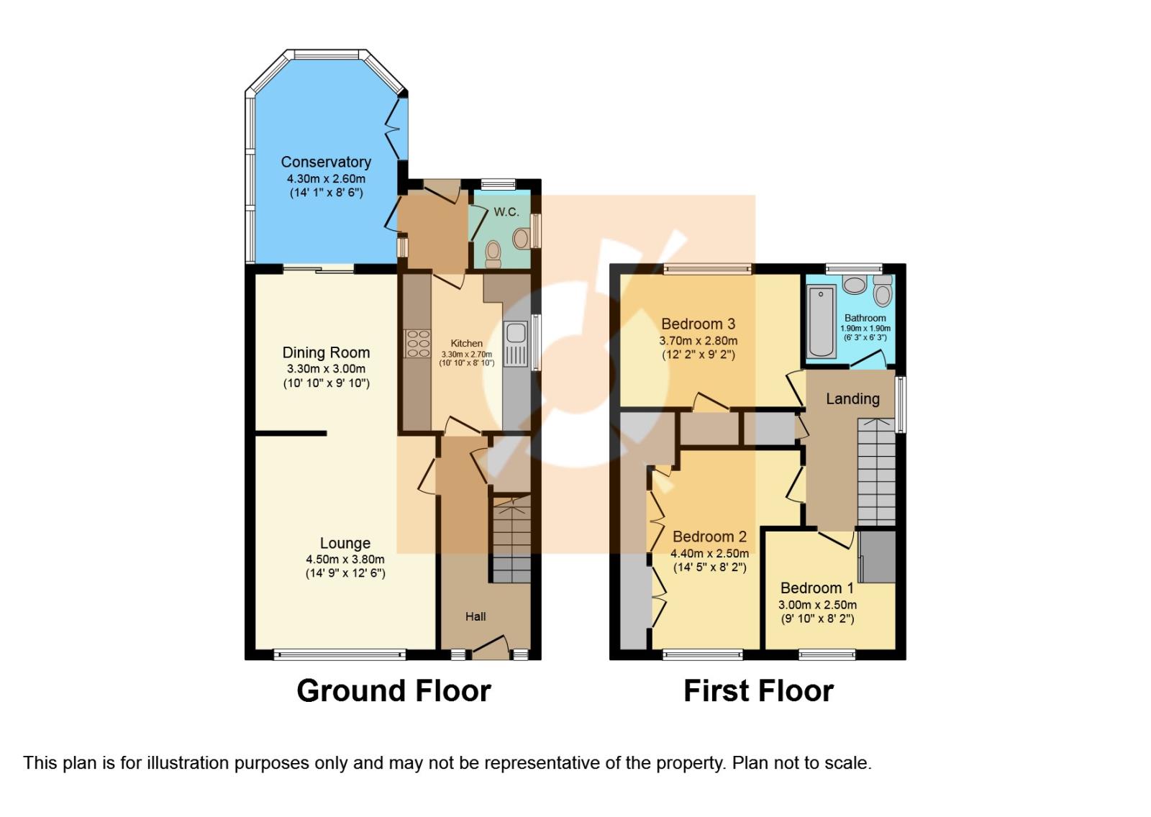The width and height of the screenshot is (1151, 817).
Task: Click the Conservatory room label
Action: (x=326, y=162)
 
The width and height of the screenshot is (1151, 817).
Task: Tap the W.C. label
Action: (x=506, y=212)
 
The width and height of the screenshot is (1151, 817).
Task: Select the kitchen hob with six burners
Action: (x=417, y=343)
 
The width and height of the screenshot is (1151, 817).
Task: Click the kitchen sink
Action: (x=516, y=334)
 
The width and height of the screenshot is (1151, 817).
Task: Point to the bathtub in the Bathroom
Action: (x=821, y=321)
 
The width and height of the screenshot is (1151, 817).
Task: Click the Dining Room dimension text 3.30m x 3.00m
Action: (x=326, y=368)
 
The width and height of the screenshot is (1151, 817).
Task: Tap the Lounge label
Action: (x=345, y=544)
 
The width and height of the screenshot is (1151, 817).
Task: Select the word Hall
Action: (x=476, y=616)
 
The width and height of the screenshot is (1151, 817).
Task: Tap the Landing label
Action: (x=852, y=398)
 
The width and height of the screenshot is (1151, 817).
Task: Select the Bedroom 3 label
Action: (x=698, y=324)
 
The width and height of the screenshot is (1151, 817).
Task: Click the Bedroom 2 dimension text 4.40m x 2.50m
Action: (x=709, y=553)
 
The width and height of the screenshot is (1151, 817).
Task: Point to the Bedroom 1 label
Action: (x=817, y=588)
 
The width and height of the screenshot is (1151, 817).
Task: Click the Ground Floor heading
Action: (x=393, y=690)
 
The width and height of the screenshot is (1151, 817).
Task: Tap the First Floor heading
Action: (x=758, y=690)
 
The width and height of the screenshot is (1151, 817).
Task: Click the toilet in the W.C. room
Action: (x=493, y=252)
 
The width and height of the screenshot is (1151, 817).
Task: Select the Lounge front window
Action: (x=340, y=654)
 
